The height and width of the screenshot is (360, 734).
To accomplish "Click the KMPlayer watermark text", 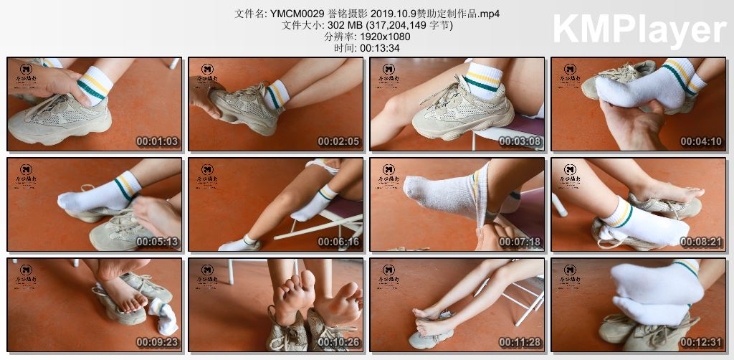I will (639, 30).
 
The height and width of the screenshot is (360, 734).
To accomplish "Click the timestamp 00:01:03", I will (157, 141).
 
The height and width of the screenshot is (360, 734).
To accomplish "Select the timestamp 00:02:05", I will (338, 141).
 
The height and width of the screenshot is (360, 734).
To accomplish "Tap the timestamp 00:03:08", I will (520, 141).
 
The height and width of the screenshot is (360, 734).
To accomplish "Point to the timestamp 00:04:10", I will (701, 141).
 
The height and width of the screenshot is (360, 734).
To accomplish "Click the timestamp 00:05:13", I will (157, 242).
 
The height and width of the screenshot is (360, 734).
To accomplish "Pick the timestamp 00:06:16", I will (338, 242).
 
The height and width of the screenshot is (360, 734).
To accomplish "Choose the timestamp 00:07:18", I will (520, 242).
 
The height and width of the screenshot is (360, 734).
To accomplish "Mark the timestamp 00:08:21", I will (701, 242).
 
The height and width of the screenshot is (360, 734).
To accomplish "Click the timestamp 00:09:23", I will (157, 342).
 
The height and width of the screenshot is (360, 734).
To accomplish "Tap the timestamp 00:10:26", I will (338, 342).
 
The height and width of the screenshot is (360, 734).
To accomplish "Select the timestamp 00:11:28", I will (520, 342).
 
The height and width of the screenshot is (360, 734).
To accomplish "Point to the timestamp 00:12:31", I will (701, 342).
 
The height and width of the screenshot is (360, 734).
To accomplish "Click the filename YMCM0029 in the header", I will (294, 14).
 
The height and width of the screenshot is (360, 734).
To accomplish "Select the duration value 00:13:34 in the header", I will (379, 48).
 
